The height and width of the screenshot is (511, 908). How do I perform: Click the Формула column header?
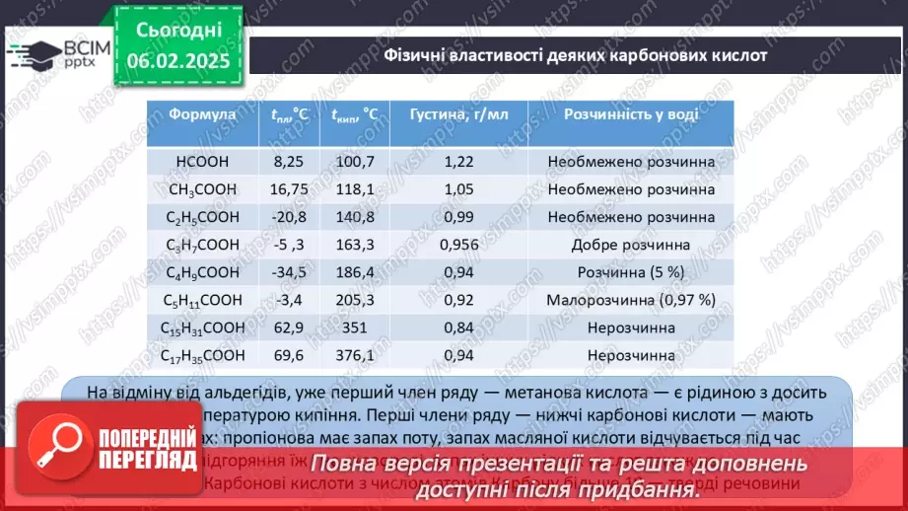point(202,114)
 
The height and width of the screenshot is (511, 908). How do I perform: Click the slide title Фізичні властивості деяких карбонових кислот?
point(575,55)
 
